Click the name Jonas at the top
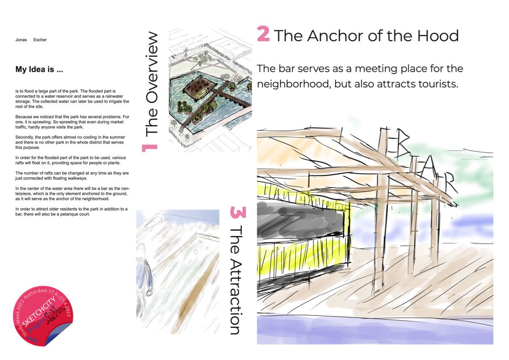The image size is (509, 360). tap(21, 40)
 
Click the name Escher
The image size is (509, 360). tap(40, 40)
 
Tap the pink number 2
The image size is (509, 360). tap(263, 34)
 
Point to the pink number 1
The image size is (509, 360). tap(149, 148)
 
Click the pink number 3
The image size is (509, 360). tap(238, 212)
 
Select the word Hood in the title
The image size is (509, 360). tap(438, 36)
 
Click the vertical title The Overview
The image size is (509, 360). tap(151, 84)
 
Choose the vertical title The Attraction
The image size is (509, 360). tap(236, 280)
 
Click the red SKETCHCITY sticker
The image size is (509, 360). tap(43, 316)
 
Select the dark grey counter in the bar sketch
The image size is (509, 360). tap(300, 221)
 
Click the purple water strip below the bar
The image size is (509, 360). tap(375, 330)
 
